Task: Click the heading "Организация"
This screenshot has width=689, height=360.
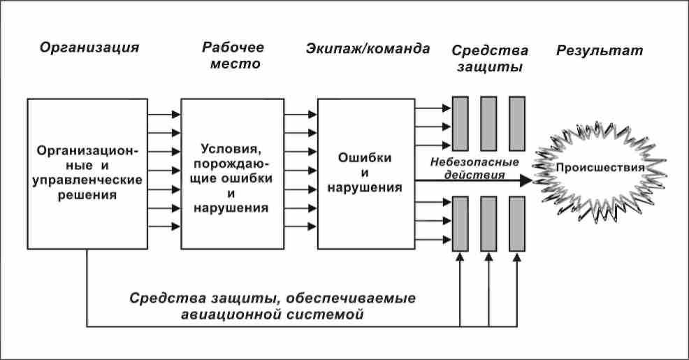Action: tap(89, 48)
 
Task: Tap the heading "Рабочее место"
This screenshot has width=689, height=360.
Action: tap(233, 55)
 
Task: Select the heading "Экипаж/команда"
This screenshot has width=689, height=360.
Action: tap(368, 49)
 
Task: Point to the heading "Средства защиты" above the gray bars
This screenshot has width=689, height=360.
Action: tap(489, 58)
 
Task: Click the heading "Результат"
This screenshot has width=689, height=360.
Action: tap(600, 50)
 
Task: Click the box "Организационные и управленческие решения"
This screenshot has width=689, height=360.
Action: tap(87, 173)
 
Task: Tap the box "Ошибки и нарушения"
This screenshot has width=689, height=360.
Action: tap(365, 173)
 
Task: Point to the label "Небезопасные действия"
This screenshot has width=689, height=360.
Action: tap(475, 168)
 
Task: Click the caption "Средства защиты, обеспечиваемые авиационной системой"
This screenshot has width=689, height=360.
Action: tap(273, 306)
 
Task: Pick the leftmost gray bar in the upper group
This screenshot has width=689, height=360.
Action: tap(460, 123)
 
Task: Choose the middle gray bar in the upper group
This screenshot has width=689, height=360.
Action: tap(488, 123)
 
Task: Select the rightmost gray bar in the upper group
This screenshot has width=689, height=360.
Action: tap(516, 123)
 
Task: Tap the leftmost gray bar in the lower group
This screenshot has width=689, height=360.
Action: tap(460, 224)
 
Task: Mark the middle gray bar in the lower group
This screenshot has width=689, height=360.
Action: tap(488, 224)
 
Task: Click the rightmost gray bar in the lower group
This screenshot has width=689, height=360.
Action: tap(516, 224)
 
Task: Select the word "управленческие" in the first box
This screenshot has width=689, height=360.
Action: tap(87, 180)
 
